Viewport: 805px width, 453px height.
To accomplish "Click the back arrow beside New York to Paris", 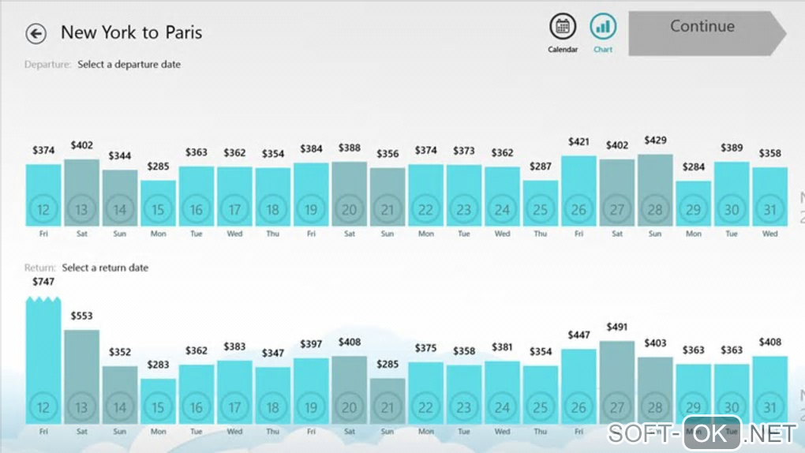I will (36, 33).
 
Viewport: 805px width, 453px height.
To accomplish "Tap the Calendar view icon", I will (563, 27).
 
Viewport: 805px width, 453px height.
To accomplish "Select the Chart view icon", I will (603, 27).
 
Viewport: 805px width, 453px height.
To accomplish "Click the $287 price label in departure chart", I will (541, 167).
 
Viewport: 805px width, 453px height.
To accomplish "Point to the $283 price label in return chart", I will (158, 365).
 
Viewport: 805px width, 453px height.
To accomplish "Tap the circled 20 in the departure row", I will (349, 210).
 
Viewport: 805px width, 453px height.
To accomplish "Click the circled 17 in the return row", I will (234, 408).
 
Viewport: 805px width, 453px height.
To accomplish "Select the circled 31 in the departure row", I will (769, 210).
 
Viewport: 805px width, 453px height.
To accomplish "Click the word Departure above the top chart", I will (48, 65).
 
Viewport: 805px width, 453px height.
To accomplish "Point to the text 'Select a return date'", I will (105, 268).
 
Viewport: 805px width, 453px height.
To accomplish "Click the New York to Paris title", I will (131, 32).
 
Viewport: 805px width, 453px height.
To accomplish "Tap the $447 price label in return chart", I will (578, 335).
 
